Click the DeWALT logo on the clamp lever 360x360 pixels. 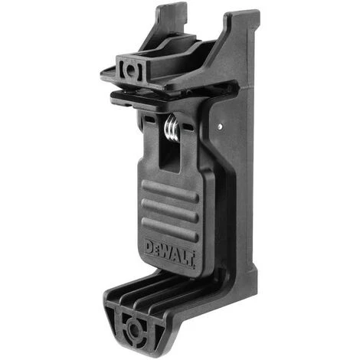click(x=170, y=251)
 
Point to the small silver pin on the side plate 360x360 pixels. click(x=219, y=123)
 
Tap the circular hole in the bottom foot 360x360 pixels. click(x=135, y=330)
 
